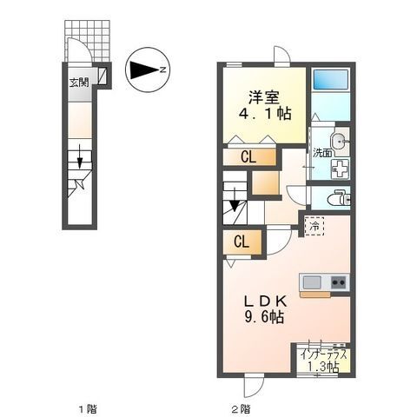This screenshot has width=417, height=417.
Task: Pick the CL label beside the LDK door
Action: [x=242, y=242]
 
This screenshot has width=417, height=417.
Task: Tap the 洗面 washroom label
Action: [x=323, y=154]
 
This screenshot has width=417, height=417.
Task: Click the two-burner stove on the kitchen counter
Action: [x=338, y=281]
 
